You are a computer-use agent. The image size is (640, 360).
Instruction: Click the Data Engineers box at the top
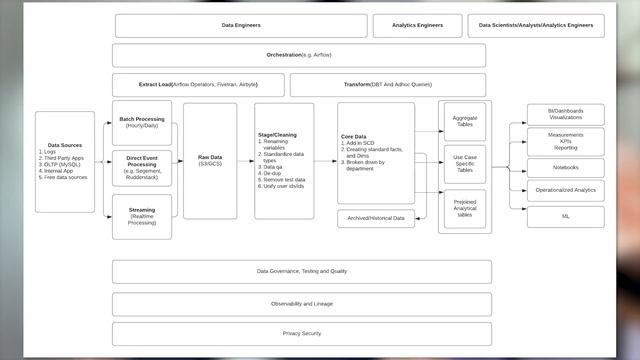240,26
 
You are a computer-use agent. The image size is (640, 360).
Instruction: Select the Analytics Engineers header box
418,26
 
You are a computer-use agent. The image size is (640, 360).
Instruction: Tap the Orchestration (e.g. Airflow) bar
299,55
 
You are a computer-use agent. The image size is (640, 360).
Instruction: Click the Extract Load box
198,85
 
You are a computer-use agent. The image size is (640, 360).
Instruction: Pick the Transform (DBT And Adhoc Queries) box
388,85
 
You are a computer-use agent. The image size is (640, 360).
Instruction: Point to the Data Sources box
65,161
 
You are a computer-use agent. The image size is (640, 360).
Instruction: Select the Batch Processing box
141,122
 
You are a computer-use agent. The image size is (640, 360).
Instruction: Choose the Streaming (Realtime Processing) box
141,217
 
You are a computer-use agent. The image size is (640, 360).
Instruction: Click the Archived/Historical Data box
376,218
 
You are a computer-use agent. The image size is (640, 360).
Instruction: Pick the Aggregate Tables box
464,121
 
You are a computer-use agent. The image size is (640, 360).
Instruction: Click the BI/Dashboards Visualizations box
565,113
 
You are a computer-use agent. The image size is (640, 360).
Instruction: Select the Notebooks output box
565,167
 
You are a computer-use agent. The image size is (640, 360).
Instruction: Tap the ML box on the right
565,215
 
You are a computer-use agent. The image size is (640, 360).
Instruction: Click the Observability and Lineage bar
301,303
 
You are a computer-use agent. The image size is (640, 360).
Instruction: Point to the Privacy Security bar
301,332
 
